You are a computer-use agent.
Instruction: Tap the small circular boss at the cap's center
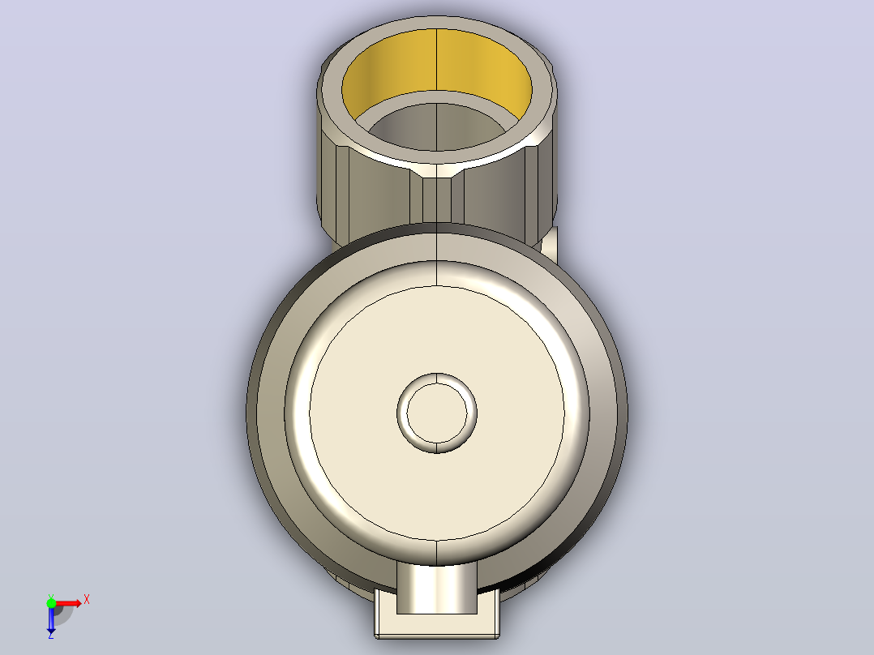coord(437,413)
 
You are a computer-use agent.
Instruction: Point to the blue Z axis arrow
coord(51,619)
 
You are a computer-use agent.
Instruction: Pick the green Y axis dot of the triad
coord(51,602)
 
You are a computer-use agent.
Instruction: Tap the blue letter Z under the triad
coord(51,635)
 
